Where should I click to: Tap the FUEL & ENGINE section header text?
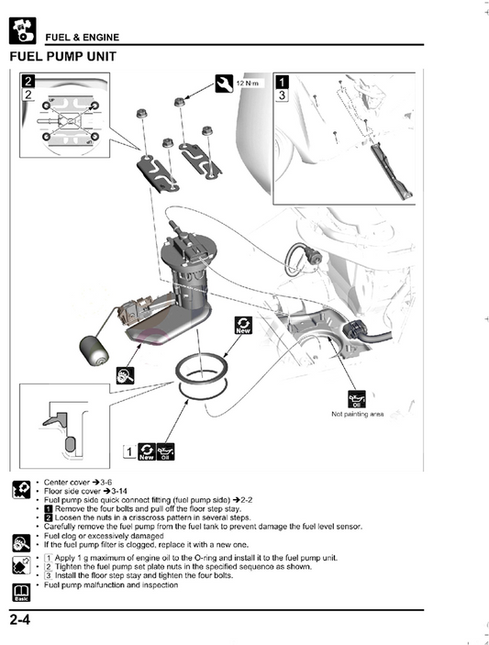click(x=83, y=37)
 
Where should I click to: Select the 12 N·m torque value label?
click(x=249, y=83)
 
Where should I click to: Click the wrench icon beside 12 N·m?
click(x=225, y=84)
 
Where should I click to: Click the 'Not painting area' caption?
click(x=357, y=415)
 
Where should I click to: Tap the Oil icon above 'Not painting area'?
click(x=357, y=398)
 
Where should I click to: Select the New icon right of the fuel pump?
click(x=243, y=326)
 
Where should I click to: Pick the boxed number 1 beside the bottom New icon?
click(x=129, y=451)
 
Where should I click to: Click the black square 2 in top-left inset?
click(x=28, y=81)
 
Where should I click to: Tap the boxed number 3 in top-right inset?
click(x=283, y=95)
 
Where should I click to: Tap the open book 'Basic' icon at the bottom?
click(x=20, y=590)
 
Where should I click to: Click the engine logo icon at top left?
click(x=22, y=31)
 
